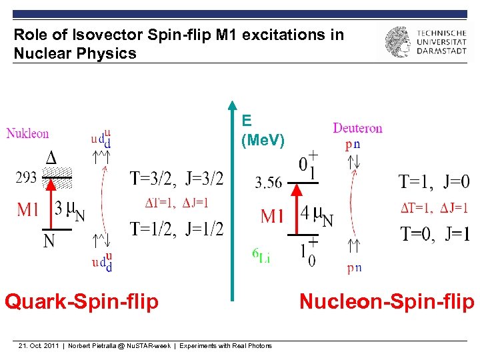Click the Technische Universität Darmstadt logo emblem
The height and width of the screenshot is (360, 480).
(398, 41)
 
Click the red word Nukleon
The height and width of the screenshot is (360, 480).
(27, 133)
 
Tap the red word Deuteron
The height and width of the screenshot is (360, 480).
(357, 127)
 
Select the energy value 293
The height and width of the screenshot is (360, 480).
(27, 178)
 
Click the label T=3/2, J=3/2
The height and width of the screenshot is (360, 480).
(177, 178)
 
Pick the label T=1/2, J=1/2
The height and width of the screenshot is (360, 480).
(177, 229)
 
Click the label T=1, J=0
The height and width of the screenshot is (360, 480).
(433, 181)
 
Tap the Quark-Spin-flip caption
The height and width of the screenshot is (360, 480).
(81, 302)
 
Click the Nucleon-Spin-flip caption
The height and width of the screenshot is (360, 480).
(387, 302)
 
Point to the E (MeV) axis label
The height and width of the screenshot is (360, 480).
(262, 131)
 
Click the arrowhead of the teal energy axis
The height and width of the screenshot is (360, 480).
(232, 105)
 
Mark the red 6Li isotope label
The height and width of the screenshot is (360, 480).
(261, 256)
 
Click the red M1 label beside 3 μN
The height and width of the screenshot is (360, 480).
(28, 210)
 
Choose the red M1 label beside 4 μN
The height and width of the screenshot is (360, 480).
(273, 216)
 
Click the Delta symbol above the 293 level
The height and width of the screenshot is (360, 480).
(50, 158)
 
